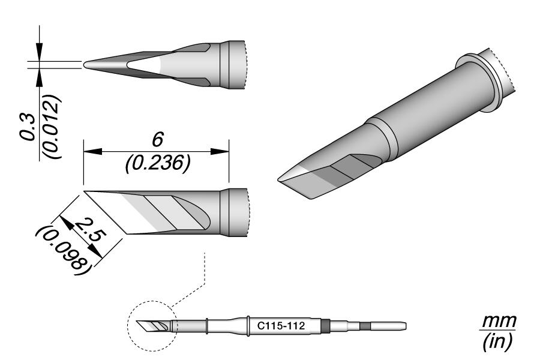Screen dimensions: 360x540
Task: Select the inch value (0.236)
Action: pos(157,163)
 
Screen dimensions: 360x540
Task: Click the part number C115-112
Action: pos(279,326)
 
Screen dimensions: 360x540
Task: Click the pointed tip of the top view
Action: pos(85,63)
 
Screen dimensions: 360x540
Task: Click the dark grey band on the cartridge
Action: pos(325,326)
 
